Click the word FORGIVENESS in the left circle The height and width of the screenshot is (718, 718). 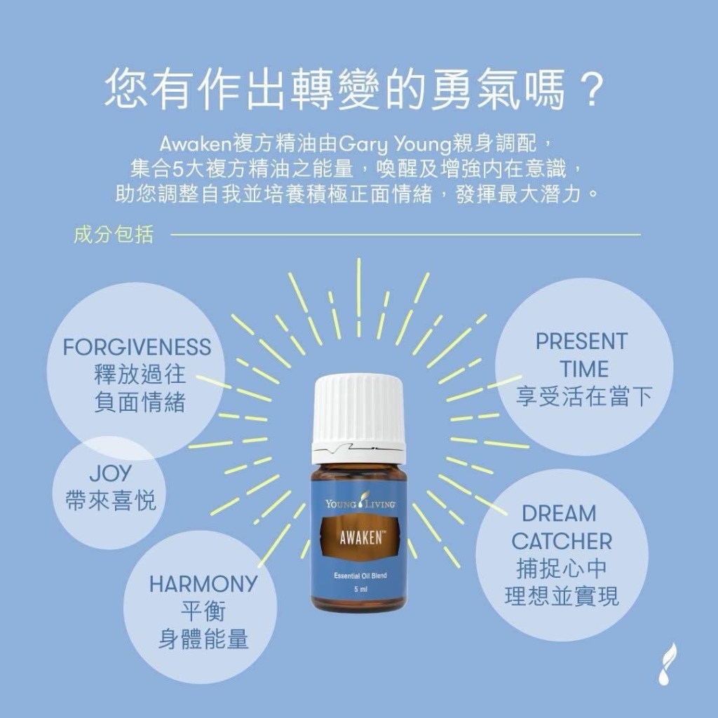tap(137, 347)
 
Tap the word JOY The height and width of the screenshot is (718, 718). tap(110, 473)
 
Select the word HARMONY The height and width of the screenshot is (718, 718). tap(203, 584)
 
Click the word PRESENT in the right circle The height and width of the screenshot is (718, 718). tap(581, 341)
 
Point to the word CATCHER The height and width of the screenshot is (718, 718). tap(562, 541)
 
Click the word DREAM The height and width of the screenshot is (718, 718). tap(559, 513)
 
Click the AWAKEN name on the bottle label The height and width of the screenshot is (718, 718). tap(360, 538)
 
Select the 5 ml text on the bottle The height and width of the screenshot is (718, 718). tap(360, 589)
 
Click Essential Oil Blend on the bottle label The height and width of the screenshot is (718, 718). tap(360, 576)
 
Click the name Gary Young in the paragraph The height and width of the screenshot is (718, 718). tap(395, 145)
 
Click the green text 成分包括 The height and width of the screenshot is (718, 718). tap(114, 234)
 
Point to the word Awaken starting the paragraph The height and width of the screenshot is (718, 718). tap(196, 144)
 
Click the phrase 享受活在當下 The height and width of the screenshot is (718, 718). tap(584, 396)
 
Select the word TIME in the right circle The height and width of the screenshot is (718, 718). tap(584, 369)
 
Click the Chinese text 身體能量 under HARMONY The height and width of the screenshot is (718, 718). tap(203, 639)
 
